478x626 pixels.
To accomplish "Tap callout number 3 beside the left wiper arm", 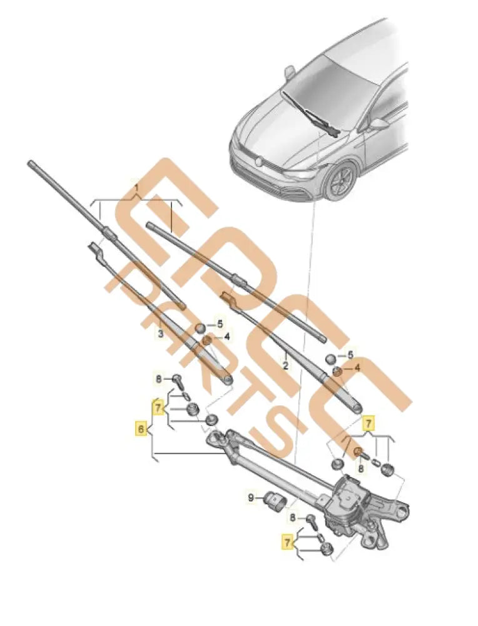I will coord(160,334).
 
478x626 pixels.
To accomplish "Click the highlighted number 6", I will coord(141,429).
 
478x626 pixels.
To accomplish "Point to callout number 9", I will coord(252,498).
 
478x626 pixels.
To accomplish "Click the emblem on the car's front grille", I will coord(257,161).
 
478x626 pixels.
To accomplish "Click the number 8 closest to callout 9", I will coord(293,517).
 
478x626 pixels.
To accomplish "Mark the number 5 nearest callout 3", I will coord(220,324).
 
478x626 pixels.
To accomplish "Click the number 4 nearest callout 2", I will coord(357,368).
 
